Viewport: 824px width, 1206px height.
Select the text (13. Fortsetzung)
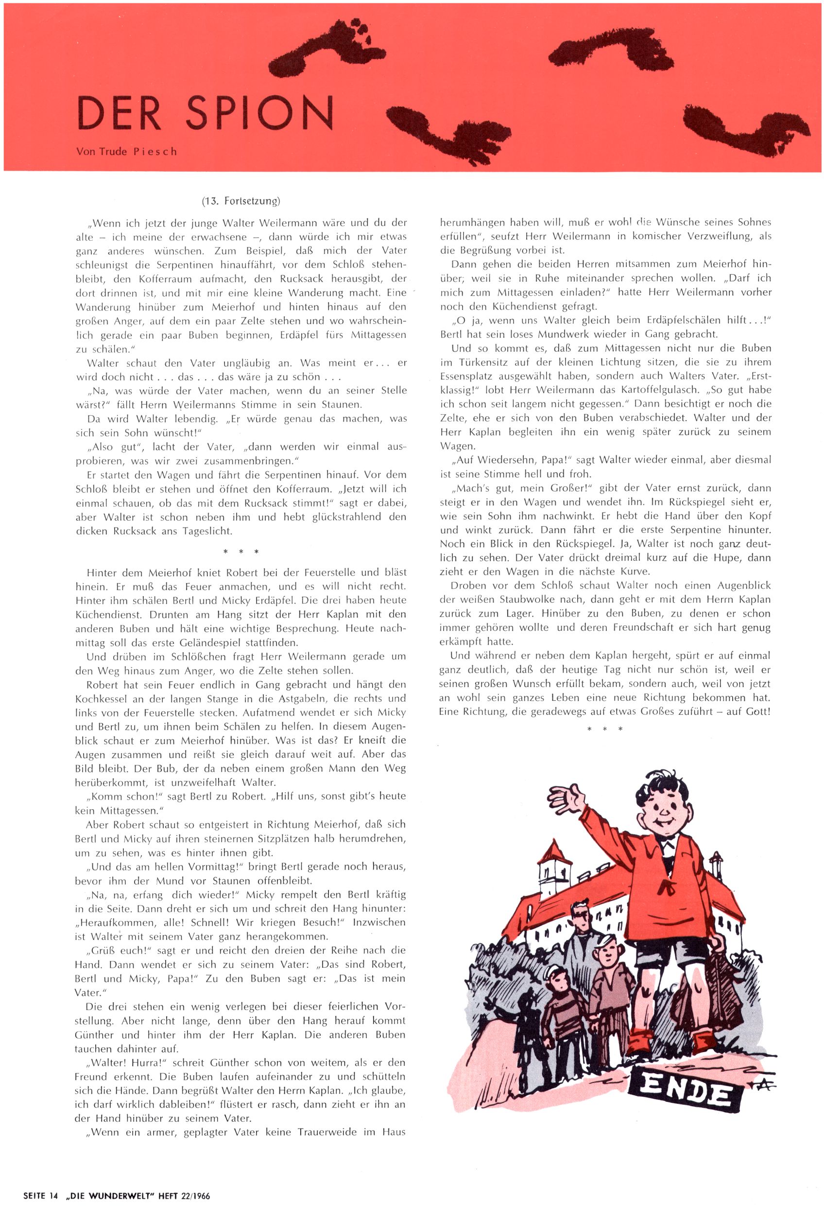coord(241,201)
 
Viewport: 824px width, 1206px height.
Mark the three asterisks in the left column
coord(240,551)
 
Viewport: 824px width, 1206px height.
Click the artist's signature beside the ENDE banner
coord(762,1085)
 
